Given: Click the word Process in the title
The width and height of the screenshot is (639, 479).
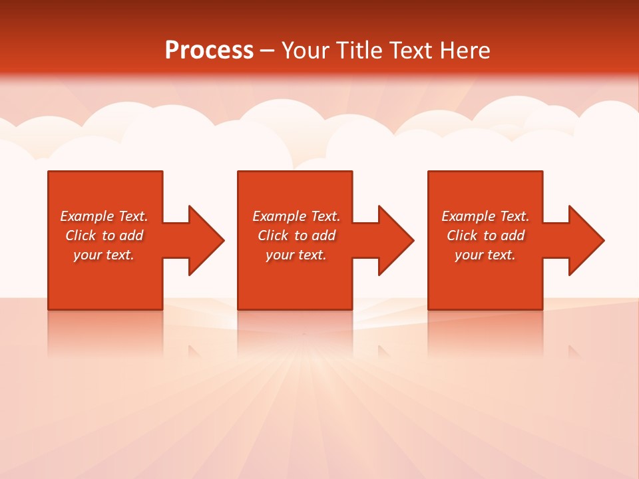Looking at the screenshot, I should tap(209, 51).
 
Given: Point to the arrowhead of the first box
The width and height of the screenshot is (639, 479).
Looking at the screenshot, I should tap(204, 240).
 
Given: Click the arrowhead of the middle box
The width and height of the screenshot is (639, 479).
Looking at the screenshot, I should tap(393, 240).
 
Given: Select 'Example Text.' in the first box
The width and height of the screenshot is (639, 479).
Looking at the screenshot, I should tap(104, 216).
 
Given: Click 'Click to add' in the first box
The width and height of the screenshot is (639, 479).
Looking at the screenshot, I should tap(104, 236).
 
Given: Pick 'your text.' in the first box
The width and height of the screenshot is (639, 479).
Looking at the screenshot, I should tap(104, 255).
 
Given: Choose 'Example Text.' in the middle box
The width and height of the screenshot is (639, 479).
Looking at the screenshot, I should tap(296, 216).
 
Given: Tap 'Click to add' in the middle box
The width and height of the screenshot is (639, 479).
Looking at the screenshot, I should tap(296, 236).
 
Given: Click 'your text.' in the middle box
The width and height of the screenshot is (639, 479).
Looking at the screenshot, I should tap(296, 255).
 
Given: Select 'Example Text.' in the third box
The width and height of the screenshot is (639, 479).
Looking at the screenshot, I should tap(485, 216).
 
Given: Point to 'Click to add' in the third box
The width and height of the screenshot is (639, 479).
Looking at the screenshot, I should tap(485, 236).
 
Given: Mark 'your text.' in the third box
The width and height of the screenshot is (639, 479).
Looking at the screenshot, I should tap(485, 255).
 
